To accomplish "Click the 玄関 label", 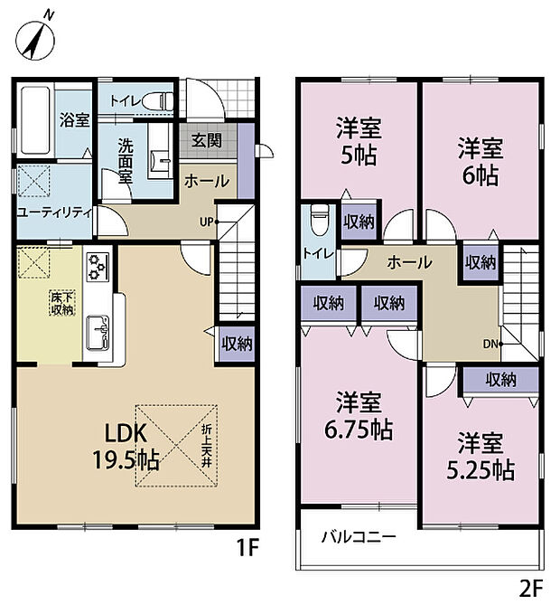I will coord(207,140).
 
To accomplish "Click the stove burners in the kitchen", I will coord(98,269).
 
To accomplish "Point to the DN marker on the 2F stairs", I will coord(490,343).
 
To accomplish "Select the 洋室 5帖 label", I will coord(359,142).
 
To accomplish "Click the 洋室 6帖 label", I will coord(480,160).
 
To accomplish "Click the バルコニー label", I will coord(359,537).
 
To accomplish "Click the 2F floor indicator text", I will coord(530,589).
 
